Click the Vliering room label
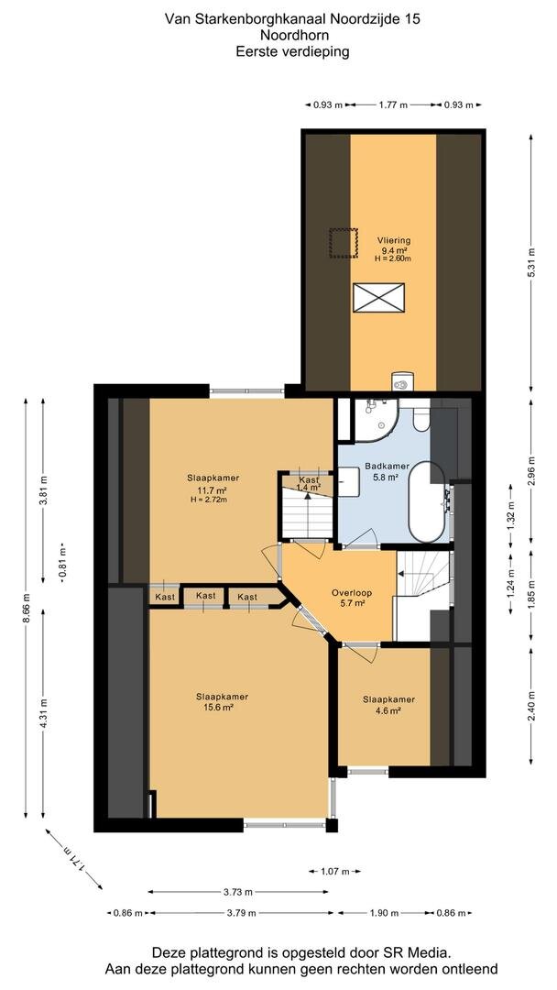394,240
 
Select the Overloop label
352,593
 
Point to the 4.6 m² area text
388,710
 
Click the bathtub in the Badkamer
427,502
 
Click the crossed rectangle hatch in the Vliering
378,297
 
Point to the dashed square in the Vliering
344,243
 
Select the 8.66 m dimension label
26,608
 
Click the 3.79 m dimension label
243,913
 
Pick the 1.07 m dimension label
334,872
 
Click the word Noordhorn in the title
292,36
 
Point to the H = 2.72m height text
208,500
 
